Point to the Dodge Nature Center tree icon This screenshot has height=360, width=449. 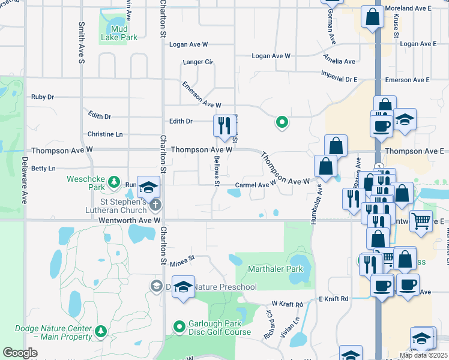pos(101,330)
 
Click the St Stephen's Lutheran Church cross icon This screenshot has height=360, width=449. pos(155,205)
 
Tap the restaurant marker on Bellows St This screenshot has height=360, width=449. pos(224,126)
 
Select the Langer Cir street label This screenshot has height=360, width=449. pos(198,62)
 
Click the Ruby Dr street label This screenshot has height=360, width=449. pos(43,97)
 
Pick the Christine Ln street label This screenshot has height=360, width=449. pos(105,134)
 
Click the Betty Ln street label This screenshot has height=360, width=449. pos(43,169)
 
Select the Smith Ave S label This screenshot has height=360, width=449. pos(81,43)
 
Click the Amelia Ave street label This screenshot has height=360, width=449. pos(340,61)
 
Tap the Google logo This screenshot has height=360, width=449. pos(20,353)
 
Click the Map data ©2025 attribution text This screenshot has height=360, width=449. pos(424,355)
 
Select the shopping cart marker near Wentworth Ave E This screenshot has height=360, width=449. pos(421,220)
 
